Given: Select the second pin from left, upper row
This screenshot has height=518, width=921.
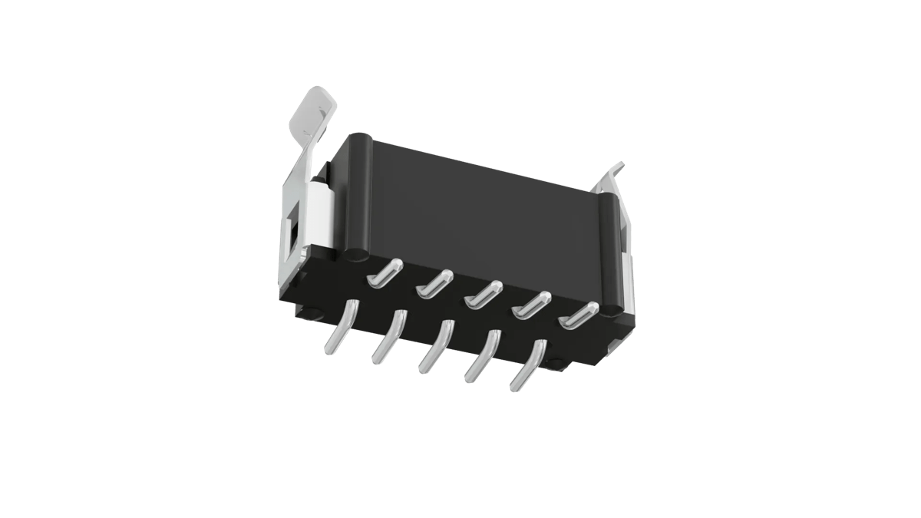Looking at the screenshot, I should (x=432, y=284).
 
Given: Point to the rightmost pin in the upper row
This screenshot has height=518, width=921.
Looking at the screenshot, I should (x=579, y=315).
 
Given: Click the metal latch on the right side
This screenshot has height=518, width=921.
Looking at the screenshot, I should (x=618, y=230).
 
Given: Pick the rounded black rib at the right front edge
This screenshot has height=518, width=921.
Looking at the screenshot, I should (x=612, y=253).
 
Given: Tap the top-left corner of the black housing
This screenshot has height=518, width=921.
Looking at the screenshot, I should (x=355, y=137).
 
